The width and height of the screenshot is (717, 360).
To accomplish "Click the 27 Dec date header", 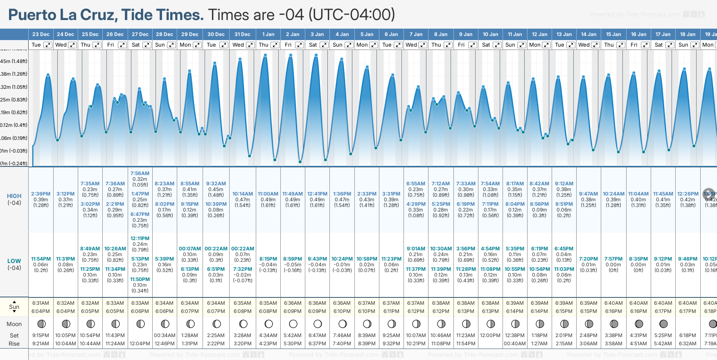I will click(140, 34).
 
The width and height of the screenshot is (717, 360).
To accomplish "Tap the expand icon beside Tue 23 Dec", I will click(48, 45).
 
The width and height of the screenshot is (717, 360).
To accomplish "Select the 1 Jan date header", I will click(268, 34).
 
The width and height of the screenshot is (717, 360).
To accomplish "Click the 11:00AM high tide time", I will click(268, 194).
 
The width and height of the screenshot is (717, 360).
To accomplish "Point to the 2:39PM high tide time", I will click(41, 194).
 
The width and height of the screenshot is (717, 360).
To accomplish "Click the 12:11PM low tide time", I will click(140, 239).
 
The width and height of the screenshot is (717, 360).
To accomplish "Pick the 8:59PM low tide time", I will click(293, 259).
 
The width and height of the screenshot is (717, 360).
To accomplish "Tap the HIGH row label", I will click(14, 196).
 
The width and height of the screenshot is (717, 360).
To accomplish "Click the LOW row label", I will click(14, 261).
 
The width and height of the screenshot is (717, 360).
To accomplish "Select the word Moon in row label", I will click(14, 324).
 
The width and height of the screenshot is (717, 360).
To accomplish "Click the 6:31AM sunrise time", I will click(41, 303).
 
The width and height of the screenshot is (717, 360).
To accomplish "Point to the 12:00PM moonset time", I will click(490, 335).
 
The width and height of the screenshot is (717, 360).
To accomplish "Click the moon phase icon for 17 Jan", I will click(663, 324).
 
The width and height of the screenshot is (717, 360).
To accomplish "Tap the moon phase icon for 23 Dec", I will click(41, 324).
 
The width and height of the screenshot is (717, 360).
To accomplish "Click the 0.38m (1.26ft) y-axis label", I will click(14, 74).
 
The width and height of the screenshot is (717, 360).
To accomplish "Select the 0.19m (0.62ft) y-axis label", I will click(14, 112).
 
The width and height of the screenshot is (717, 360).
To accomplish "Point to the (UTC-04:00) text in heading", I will click(352, 15).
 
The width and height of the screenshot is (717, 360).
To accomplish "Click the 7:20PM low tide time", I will click(588, 259).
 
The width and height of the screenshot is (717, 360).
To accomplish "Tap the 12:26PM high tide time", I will click(688, 194).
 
